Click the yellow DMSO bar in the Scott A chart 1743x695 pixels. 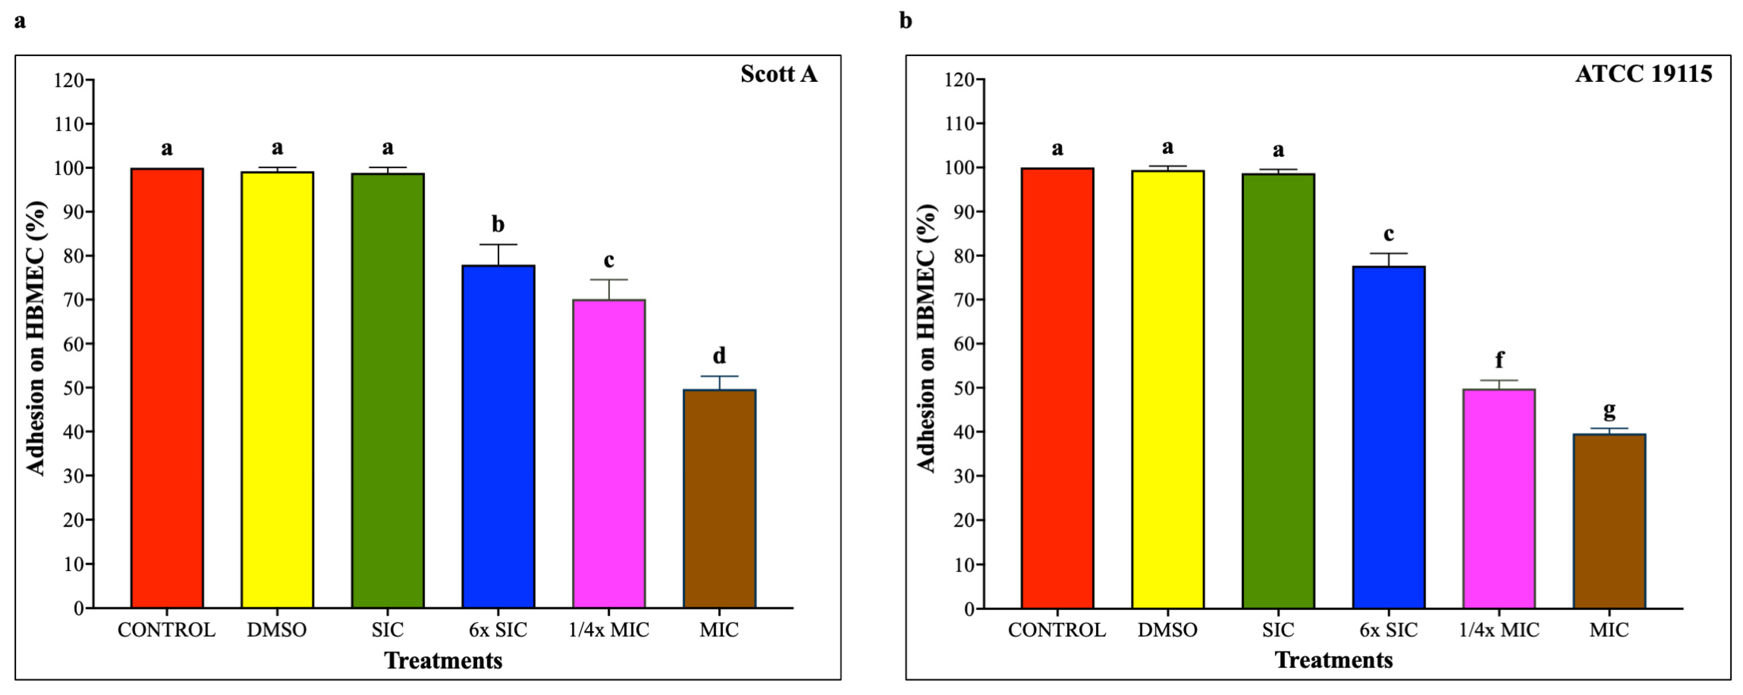coord(277,390)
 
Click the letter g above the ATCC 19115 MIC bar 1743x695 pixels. coord(1609,410)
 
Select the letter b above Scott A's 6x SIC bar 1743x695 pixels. coord(498,224)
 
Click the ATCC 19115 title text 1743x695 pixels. coord(1644,74)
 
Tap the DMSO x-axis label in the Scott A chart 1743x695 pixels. coord(277,630)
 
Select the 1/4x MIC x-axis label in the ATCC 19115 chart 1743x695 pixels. coord(1499,630)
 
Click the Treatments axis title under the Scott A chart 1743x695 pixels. coord(443,660)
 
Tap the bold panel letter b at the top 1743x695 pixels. coord(905,21)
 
